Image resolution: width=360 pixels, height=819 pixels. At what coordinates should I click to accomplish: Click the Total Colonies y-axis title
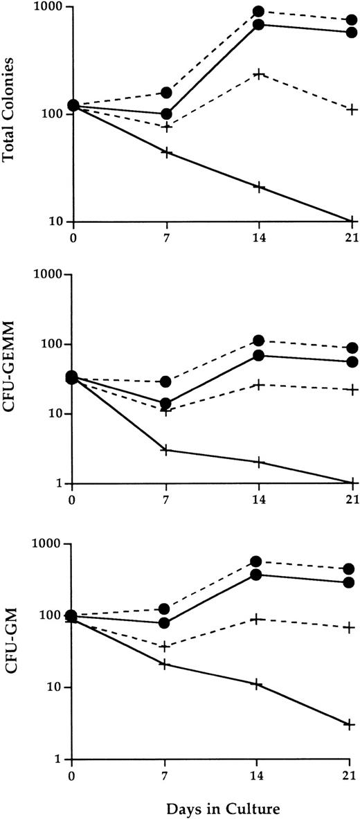click(9, 114)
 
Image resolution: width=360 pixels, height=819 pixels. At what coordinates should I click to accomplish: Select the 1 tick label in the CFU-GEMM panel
click(60, 483)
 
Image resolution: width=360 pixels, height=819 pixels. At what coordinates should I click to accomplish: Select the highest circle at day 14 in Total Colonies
click(258, 12)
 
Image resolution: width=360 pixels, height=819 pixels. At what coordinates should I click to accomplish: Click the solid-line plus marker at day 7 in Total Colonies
click(166, 152)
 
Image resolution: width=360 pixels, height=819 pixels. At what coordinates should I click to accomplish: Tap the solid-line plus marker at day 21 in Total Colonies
click(351, 221)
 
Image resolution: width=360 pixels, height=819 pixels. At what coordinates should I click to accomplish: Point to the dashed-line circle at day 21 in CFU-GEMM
click(351, 348)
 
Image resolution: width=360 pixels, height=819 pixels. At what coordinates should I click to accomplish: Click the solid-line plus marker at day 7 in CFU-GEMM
click(166, 450)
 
